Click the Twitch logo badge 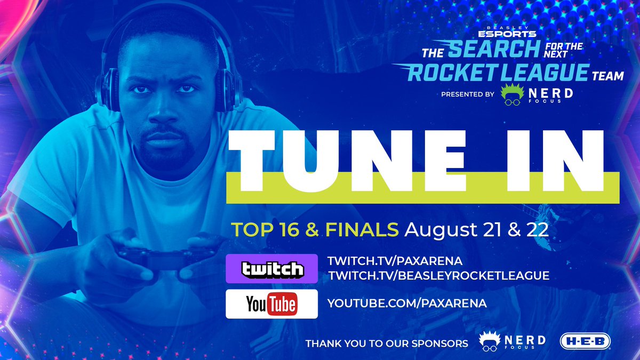click(272, 269)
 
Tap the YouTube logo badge click(272, 304)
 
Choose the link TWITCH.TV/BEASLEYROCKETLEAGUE click(438, 275)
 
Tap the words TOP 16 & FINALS click(315, 230)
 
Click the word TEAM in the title click(607, 76)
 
